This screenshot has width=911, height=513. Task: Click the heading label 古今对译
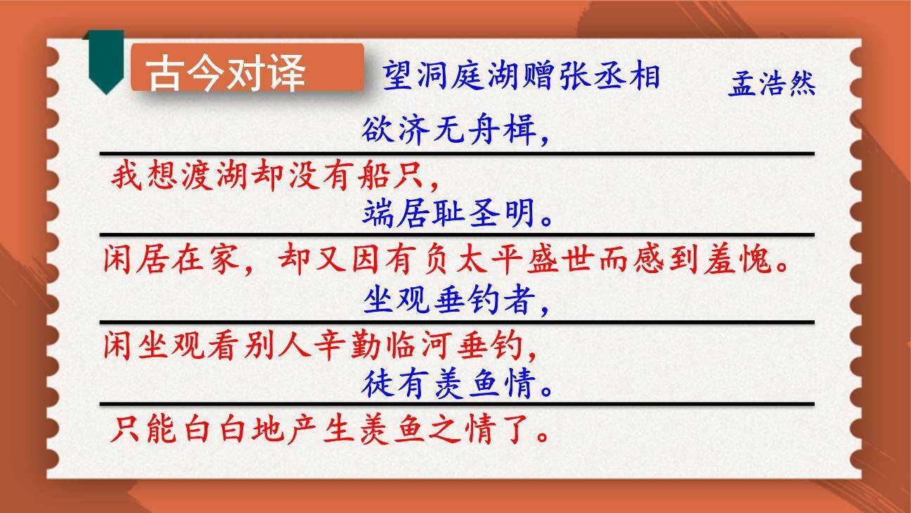[226, 72]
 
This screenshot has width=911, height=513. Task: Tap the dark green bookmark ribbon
[105, 61]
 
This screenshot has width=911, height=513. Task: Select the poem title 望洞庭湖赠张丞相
[521, 75]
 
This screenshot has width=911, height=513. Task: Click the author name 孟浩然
[772, 84]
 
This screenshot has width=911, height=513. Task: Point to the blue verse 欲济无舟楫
[455, 130]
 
